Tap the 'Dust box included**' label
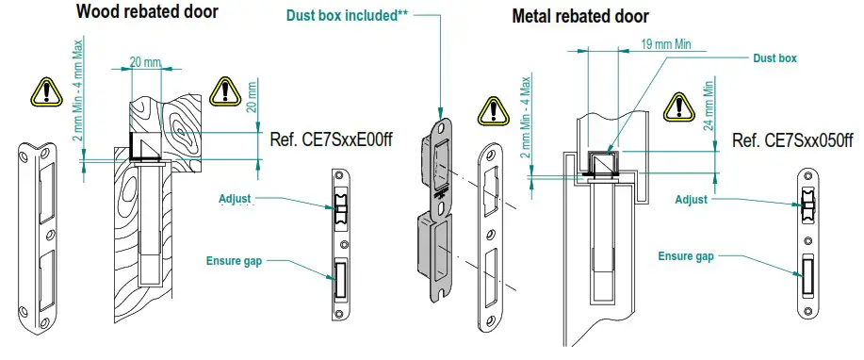(348, 14)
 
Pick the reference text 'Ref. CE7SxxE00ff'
(331, 139)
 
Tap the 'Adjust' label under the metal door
(693, 199)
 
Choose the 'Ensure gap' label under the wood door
(235, 260)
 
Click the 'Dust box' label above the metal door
(775, 58)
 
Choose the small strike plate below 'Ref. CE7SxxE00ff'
(342, 245)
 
